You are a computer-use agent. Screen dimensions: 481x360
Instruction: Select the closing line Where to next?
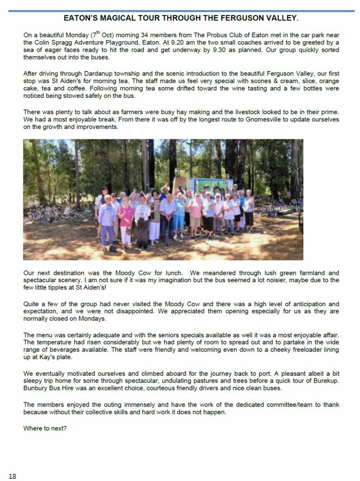point(45,428)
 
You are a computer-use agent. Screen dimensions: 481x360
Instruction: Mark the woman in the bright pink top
point(126,216)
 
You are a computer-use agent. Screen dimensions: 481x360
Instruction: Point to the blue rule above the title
point(180,11)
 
